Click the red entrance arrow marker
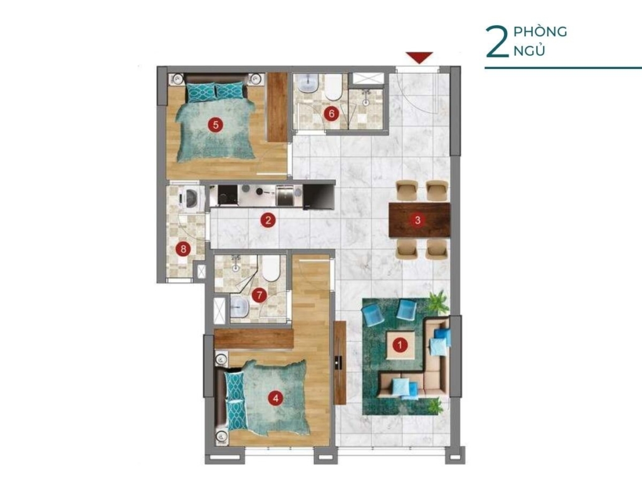point(419,57)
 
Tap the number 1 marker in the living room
point(400,345)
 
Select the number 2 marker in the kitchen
point(268,221)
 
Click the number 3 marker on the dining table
point(418,220)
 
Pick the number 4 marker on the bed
point(275,398)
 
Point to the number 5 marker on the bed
point(216,124)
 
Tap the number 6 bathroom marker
point(332,113)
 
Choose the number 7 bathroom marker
point(259,295)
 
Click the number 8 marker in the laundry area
point(183,249)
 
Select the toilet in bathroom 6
point(334,87)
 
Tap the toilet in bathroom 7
point(270,268)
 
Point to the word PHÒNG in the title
point(540,32)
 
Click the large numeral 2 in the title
point(497,42)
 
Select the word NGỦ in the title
point(529,51)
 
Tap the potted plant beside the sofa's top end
point(439,302)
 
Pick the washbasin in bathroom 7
point(239,307)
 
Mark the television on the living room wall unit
point(339,362)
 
